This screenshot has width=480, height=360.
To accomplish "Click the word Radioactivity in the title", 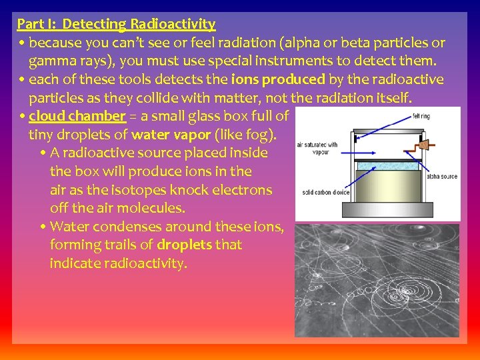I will click(x=173, y=25).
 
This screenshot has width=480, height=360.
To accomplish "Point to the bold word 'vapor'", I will click(x=190, y=134).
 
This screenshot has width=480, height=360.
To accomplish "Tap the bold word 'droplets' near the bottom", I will click(x=184, y=245).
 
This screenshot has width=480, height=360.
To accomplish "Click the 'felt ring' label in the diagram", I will click(x=421, y=117).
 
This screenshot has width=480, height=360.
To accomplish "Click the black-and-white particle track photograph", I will click(x=377, y=280).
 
